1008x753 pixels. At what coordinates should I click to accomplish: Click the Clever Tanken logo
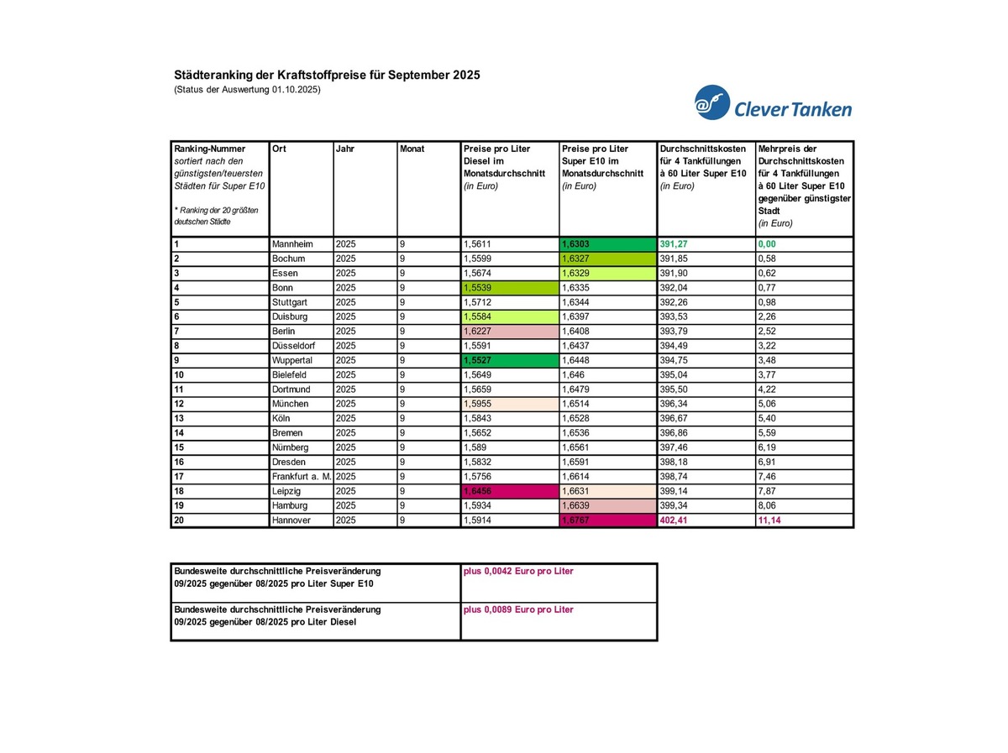pos(773,103)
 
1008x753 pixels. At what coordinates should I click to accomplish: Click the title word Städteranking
pos(210,76)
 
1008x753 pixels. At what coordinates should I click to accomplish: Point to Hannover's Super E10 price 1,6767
pos(579,520)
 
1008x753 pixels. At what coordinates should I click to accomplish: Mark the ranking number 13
pos(179,419)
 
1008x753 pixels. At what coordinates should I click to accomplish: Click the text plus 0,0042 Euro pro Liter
pos(518,571)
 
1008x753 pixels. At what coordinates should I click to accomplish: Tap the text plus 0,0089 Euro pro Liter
pos(518,609)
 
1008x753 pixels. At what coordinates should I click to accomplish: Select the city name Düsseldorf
pos(296,346)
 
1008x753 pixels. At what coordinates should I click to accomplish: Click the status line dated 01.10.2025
pos(247,90)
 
